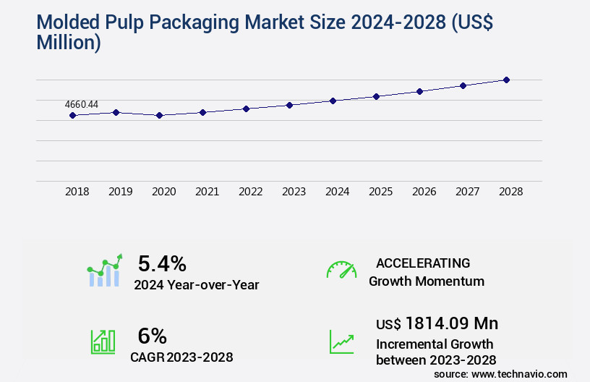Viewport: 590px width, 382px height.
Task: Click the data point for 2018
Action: (x=72, y=115)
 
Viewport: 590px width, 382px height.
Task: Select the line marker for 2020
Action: (x=159, y=115)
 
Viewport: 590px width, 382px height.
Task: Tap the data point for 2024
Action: (x=333, y=101)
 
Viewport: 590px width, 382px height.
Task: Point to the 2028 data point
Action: (x=506, y=80)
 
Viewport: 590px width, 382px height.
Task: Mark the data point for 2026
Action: (x=419, y=91)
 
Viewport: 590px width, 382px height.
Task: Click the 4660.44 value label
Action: (x=82, y=104)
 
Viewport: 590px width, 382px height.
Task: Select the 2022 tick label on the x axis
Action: (x=250, y=192)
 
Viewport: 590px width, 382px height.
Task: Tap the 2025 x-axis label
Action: (x=380, y=192)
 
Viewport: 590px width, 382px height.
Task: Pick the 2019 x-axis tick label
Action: (x=120, y=192)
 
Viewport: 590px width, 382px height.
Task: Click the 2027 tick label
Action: (x=467, y=192)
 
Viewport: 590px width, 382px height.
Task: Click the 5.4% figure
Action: (x=162, y=263)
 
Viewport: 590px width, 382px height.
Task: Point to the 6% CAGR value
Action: (x=152, y=336)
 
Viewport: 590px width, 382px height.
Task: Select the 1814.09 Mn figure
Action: (x=451, y=323)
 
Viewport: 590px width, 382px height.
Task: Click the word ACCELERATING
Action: (x=423, y=263)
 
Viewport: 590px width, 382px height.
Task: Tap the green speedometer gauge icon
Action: (x=341, y=270)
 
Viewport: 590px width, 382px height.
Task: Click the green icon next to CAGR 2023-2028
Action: (x=103, y=341)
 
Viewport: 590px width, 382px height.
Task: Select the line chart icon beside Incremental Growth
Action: (x=341, y=341)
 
